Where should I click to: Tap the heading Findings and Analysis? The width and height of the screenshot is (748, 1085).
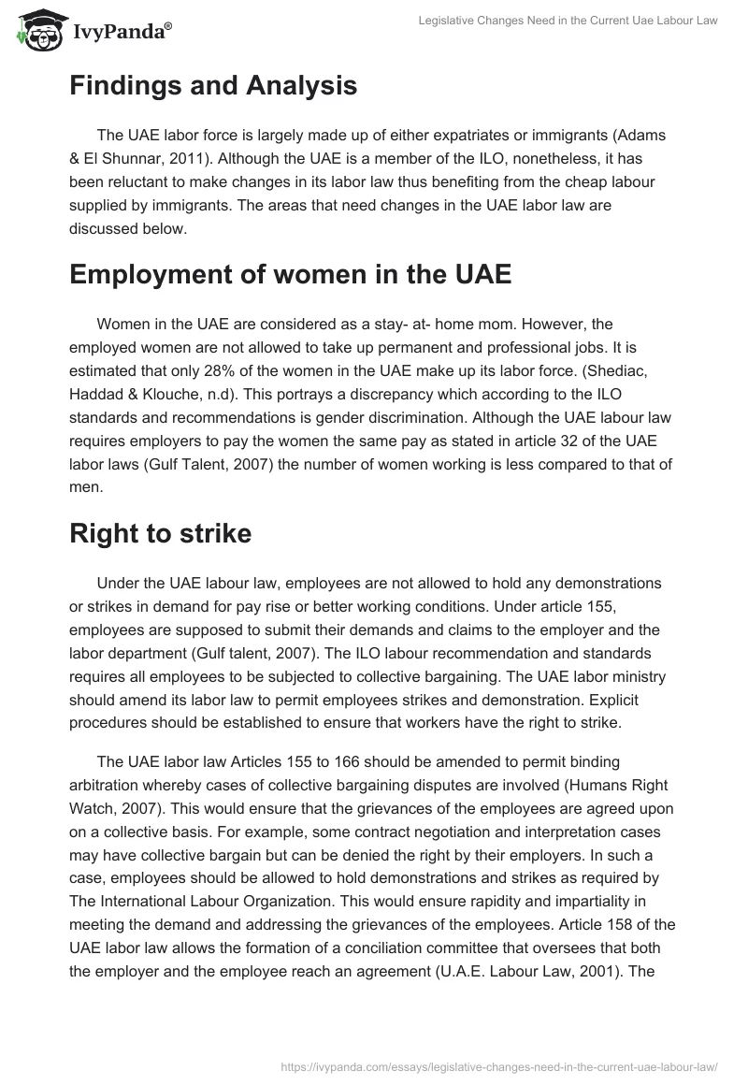pyautogui.click(x=213, y=86)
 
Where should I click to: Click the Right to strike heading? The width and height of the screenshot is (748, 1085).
pyautogui.click(x=160, y=534)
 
